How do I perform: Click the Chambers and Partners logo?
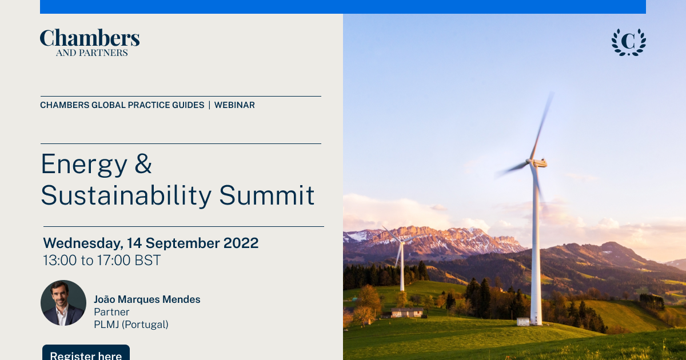[90, 42]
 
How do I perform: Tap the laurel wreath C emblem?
[629, 42]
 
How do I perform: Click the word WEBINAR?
[234, 105]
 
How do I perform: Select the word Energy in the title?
[84, 165]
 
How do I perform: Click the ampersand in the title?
[143, 163]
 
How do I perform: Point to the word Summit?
[267, 195]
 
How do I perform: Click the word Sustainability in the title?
[126, 196]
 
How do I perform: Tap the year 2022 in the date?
[241, 243]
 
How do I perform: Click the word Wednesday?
[83, 243]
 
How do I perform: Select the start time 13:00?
[59, 261]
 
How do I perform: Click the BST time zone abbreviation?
[147, 261]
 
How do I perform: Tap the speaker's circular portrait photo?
[63, 303]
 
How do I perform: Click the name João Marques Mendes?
[147, 299]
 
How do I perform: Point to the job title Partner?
[111, 312]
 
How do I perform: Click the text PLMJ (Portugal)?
[131, 325]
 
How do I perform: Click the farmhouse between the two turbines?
[407, 313]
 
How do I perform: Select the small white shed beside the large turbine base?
[523, 321]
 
